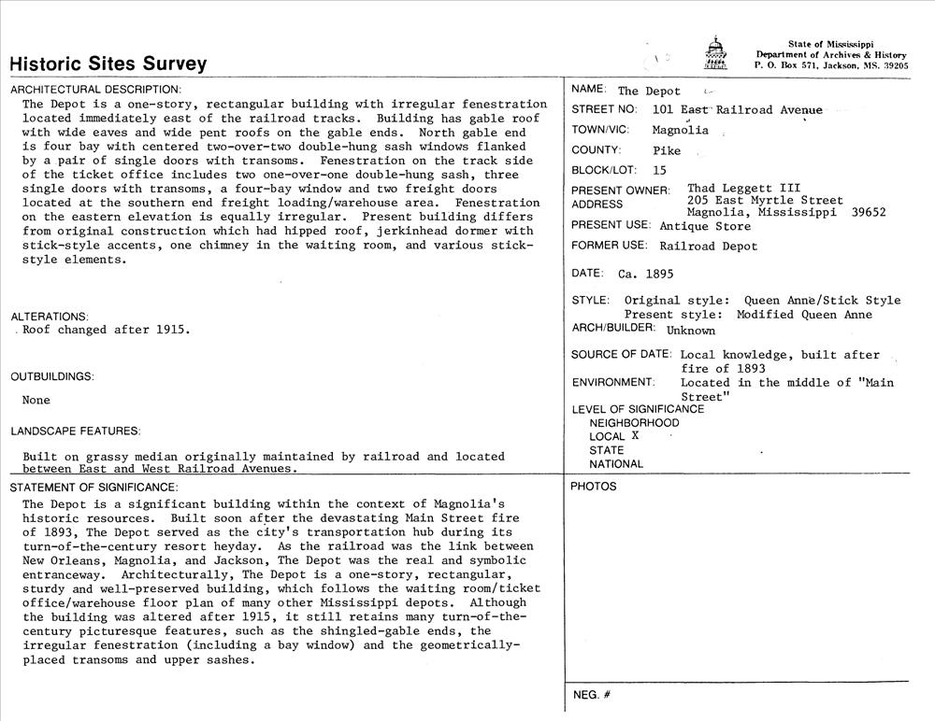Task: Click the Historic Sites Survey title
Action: coord(108,64)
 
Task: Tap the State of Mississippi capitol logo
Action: coord(714,54)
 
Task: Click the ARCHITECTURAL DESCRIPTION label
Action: coord(95,90)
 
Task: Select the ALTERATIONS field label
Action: coord(50,317)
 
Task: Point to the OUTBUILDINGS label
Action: coord(52,376)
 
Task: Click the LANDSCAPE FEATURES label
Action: coord(76,431)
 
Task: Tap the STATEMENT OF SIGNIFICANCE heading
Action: coord(93,488)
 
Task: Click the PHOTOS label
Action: coord(594,487)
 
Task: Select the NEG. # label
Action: coord(591,696)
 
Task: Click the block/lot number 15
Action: coord(659,170)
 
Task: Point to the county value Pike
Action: coord(667,150)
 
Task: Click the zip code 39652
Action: coord(869,212)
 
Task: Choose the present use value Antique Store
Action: coord(705,226)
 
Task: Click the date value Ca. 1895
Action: coord(645,275)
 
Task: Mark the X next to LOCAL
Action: coord(635,435)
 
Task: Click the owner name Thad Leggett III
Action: coord(743,189)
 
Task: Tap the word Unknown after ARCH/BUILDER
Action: coord(690,330)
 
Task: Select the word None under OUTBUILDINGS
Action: coord(36,401)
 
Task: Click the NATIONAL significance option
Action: coord(616,464)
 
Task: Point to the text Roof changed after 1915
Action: coord(106,330)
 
